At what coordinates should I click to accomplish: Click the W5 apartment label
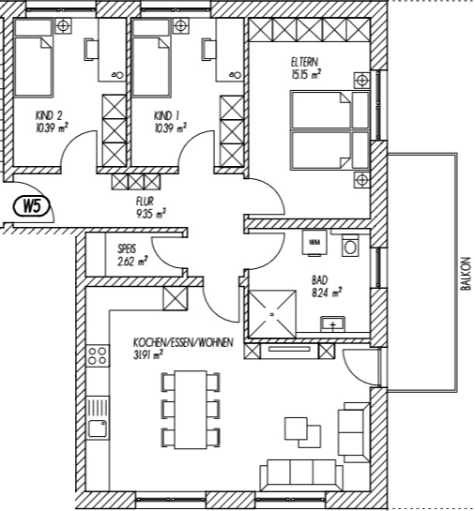(x=32, y=206)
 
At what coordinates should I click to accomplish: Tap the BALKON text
(x=467, y=274)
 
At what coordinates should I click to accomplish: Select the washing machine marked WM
(x=314, y=243)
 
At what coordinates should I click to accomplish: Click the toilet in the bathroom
(x=351, y=246)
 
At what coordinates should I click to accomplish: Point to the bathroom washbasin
(x=332, y=323)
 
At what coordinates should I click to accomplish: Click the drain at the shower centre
(x=272, y=314)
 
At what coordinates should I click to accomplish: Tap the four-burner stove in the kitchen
(x=98, y=355)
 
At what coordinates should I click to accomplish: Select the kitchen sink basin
(x=98, y=428)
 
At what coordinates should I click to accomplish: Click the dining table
(x=191, y=410)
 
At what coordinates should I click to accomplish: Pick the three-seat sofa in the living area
(x=301, y=474)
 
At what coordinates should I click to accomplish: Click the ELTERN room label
(x=305, y=62)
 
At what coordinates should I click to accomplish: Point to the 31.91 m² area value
(x=148, y=355)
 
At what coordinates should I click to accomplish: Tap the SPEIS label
(x=127, y=249)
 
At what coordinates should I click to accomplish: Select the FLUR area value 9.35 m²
(x=151, y=214)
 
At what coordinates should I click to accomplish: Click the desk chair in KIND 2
(x=91, y=50)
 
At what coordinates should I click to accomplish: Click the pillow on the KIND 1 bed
(x=151, y=28)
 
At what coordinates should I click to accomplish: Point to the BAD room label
(x=320, y=280)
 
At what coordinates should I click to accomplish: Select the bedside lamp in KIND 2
(x=63, y=25)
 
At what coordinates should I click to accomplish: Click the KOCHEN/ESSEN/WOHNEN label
(x=183, y=342)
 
